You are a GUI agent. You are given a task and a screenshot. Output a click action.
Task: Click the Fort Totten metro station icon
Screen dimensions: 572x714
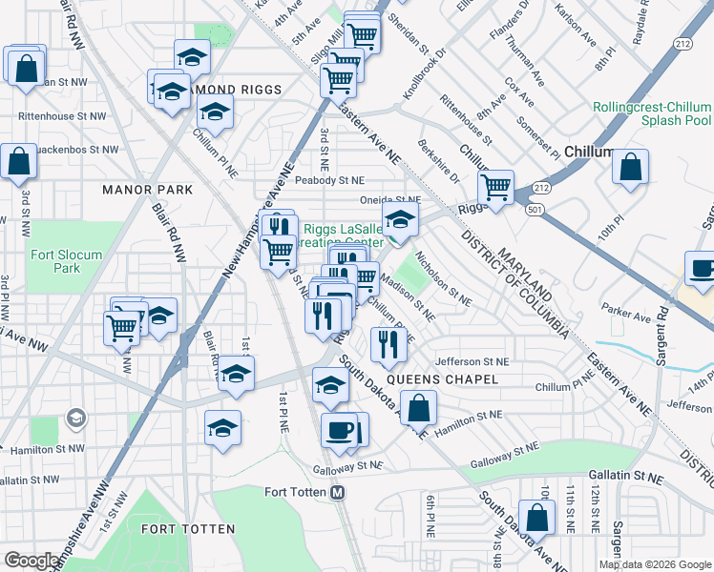point(336,492)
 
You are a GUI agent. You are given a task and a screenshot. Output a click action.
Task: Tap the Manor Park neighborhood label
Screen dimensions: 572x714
point(148,190)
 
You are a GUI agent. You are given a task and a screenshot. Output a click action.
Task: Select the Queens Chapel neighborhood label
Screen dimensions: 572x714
point(453,379)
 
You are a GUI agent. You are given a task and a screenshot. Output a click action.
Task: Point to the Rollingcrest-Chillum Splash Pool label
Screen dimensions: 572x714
point(652,114)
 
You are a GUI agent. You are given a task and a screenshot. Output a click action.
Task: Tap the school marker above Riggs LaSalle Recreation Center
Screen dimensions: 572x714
point(401,218)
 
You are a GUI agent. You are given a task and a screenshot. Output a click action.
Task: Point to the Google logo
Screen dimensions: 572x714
point(31,561)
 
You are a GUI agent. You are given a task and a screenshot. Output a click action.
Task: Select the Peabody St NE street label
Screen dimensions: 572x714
point(329,179)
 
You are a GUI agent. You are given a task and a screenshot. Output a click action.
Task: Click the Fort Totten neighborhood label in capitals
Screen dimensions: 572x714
point(182,527)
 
